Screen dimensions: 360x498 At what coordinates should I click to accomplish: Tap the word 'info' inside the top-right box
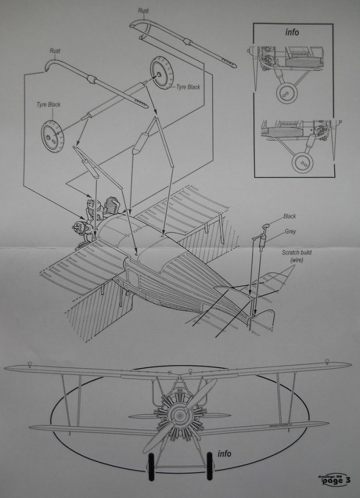click(292, 32)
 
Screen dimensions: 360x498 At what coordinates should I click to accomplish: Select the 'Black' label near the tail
click(290, 216)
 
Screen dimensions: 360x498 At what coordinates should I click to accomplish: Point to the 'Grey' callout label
click(290, 231)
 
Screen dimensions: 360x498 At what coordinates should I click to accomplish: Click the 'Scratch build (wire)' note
click(297, 257)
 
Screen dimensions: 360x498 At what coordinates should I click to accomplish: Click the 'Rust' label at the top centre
click(143, 10)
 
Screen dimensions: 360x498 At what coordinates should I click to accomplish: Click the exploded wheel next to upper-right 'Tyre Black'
click(161, 73)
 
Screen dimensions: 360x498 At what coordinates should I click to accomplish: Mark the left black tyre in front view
click(150, 466)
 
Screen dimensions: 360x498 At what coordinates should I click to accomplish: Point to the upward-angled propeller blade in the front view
click(202, 394)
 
